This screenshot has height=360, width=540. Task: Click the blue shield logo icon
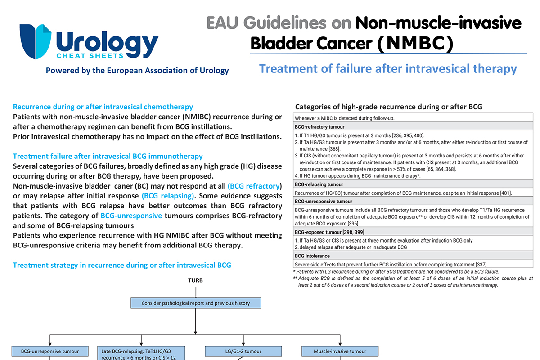click(36, 41)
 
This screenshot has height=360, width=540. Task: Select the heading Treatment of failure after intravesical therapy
click(388, 69)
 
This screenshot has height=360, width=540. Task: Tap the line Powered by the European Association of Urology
click(137, 71)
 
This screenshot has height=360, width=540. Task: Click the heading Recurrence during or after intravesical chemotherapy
click(103, 107)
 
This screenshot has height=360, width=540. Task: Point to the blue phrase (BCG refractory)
click(255, 186)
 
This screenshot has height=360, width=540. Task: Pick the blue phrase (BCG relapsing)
click(168, 196)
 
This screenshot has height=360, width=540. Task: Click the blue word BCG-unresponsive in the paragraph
click(131, 216)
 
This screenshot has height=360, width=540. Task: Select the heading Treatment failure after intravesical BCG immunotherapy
click(108, 156)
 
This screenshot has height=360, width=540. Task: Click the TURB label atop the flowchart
click(195, 280)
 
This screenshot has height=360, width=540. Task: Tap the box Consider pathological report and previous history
click(196, 303)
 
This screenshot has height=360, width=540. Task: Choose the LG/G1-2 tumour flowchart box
click(243, 351)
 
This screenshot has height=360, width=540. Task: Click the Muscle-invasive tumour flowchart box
click(340, 351)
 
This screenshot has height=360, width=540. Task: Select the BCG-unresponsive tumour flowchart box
click(50, 351)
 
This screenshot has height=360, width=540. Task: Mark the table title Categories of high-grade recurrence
click(388, 107)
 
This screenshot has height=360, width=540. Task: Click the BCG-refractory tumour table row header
click(319, 127)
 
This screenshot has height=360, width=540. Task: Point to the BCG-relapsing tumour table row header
click(319, 184)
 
